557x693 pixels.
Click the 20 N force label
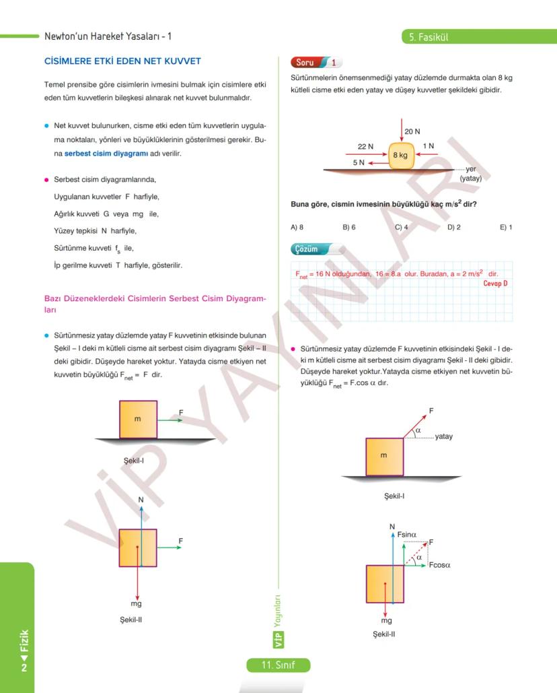[413, 131]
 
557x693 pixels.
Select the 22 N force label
[366, 146]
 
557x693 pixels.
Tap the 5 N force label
[359, 162]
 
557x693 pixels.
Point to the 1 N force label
[429, 146]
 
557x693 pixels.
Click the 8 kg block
[400, 155]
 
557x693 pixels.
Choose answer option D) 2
[454, 227]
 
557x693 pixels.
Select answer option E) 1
[506, 227]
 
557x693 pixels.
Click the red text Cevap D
[495, 284]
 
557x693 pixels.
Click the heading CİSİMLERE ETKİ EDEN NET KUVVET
[122, 62]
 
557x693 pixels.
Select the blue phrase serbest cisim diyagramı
[102, 154]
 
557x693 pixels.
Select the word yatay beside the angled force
[444, 436]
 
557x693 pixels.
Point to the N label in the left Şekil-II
[141, 500]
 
